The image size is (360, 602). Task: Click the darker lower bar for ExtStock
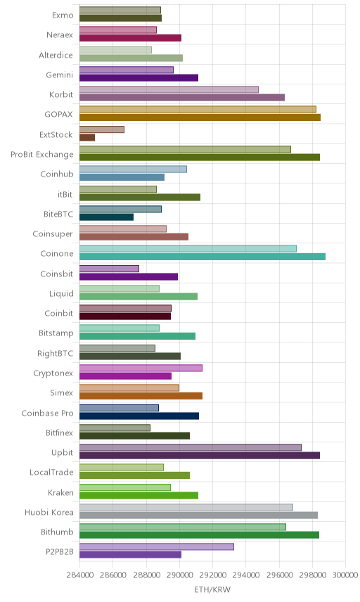pos(87,137)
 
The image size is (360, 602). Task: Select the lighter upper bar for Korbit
pos(169,89)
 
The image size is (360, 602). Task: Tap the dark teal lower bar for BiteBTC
pos(107,217)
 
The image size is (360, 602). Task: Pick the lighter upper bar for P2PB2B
pos(157,546)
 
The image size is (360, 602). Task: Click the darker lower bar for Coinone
pos(202,257)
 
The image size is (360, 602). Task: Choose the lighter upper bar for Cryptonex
pos(141,369)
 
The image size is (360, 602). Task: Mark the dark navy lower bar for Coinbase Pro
pos(139,416)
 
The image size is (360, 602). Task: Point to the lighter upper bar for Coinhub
pos(133,169)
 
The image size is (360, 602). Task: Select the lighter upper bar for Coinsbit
pos(110,269)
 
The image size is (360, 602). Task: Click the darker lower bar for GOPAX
pos(200,117)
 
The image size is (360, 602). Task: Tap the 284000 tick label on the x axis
pos(80,575)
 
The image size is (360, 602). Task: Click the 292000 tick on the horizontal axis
pos(212,575)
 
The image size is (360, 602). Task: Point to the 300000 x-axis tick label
pos(345,575)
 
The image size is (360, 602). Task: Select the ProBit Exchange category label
pos(41,154)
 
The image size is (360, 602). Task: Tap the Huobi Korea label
pos(49,512)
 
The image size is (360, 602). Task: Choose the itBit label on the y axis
pos(65,194)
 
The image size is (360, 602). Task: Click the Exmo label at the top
pos(63,15)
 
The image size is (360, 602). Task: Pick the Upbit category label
pos(62,453)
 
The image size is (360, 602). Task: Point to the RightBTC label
pos(55,353)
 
